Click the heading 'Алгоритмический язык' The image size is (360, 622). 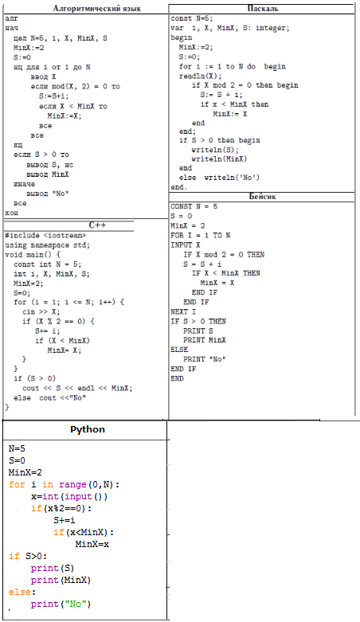97,8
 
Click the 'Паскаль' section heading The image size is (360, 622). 263,8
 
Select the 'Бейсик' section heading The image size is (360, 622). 262,197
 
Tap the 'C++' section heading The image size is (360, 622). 97,225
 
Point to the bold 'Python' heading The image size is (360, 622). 88,429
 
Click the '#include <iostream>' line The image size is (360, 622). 45,235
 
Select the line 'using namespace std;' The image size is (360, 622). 47,245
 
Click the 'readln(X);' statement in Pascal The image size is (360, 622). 201,76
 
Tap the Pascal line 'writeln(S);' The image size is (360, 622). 215,150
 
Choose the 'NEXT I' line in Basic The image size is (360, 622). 183,311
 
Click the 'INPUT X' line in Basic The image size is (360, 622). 186,245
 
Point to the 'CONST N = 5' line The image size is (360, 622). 194,206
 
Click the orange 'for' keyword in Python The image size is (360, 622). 17,484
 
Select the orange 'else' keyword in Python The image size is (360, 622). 19,592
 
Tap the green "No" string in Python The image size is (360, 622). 75,604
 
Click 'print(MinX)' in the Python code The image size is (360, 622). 61,580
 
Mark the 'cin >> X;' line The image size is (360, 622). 41,311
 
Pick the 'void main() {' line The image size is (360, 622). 33,255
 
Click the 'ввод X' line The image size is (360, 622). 43,76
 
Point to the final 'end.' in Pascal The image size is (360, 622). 178,187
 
